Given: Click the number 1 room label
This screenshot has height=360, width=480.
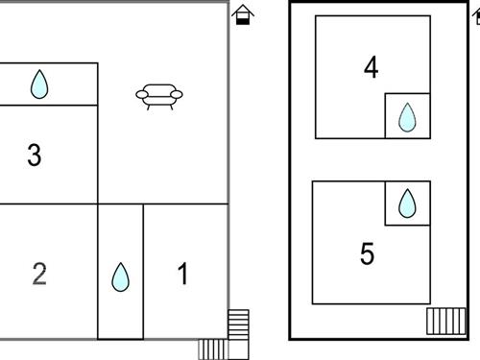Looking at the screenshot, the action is [x=183, y=274].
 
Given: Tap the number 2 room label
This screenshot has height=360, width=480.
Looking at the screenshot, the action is [x=39, y=274].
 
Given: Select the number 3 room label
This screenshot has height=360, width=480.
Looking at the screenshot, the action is [x=35, y=156].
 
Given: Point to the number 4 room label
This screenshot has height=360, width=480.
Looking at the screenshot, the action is [x=372, y=67].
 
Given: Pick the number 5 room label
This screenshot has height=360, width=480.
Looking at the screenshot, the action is [x=367, y=253].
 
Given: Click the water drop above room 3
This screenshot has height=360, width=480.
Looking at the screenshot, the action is [x=39, y=84].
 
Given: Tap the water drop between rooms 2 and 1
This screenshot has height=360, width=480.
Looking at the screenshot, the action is [x=120, y=277].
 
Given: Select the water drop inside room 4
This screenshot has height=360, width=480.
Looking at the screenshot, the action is [x=407, y=117].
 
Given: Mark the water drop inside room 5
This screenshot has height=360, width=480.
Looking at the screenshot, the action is [x=407, y=204].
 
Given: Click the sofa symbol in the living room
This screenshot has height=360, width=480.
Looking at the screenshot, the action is [x=159, y=97].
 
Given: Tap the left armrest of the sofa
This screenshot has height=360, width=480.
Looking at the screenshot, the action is [x=142, y=94].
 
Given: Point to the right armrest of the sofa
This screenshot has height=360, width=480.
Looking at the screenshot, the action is [x=177, y=94].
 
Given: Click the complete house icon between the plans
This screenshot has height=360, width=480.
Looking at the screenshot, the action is [x=243, y=14].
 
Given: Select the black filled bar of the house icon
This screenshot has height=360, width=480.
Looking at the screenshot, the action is [x=243, y=21].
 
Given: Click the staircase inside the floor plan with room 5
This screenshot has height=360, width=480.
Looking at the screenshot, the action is [x=446, y=322].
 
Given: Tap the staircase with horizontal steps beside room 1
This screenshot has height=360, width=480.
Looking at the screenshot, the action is [x=238, y=324].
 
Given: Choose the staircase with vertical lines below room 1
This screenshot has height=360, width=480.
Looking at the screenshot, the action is [x=213, y=349].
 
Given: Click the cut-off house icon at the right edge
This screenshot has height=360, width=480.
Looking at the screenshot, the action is [x=476, y=16].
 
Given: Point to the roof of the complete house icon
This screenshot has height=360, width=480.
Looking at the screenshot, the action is [x=243, y=10].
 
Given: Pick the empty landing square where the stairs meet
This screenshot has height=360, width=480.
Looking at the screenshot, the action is [x=239, y=349].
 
